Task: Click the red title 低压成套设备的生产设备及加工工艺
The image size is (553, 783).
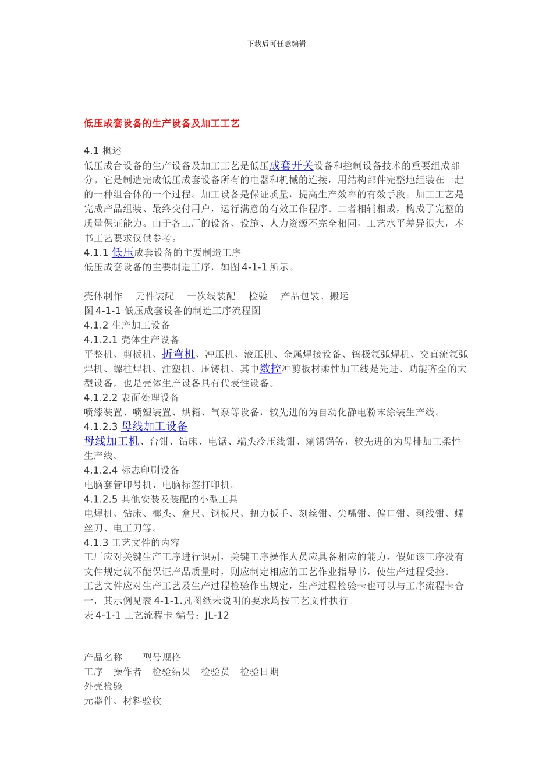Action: (x=161, y=124)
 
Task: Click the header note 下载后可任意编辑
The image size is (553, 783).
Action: (x=276, y=44)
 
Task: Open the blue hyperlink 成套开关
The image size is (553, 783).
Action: (x=291, y=166)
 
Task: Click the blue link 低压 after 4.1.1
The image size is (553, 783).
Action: (x=122, y=253)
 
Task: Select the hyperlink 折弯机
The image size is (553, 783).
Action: (x=178, y=354)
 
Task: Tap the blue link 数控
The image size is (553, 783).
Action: (x=271, y=369)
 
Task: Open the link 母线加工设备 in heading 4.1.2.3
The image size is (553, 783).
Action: (x=154, y=427)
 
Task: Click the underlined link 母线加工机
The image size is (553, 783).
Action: (x=112, y=442)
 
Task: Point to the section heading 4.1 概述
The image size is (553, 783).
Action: (x=102, y=151)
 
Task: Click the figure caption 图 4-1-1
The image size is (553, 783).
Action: (x=172, y=311)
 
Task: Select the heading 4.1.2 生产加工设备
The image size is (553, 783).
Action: (x=127, y=325)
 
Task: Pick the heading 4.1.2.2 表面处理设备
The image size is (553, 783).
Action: (x=132, y=398)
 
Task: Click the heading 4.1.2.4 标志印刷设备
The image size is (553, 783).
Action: (x=132, y=470)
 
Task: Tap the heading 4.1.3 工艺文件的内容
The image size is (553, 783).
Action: (x=132, y=543)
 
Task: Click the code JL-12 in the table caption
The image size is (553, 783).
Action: (x=217, y=616)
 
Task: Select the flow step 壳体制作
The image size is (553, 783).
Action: (x=103, y=297)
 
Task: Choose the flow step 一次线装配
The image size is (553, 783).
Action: (x=211, y=297)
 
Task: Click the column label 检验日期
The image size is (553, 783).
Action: (x=259, y=672)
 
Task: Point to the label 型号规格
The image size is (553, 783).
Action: (x=162, y=658)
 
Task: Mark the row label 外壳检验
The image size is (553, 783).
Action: (x=103, y=686)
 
